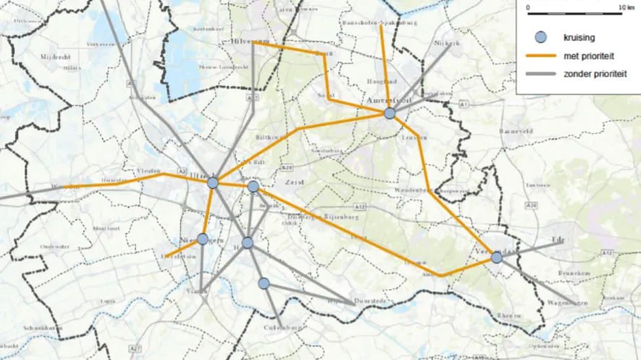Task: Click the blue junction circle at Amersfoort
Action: tap(390, 113)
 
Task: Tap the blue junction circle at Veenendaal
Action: tap(496, 257)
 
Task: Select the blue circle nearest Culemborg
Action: tap(264, 283)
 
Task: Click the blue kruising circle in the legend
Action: tap(538, 38)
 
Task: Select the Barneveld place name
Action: tap(515, 132)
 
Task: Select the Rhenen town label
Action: tap(509, 316)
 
